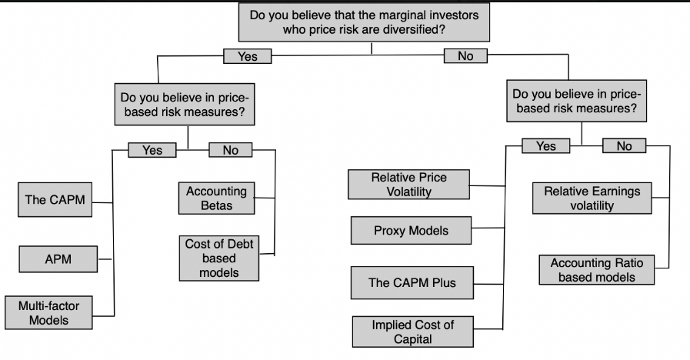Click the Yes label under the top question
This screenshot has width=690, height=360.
coord(248,56)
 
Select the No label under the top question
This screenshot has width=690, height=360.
coord(465,56)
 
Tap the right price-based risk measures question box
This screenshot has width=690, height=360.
coord(576,102)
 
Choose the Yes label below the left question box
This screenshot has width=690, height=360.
coord(152,150)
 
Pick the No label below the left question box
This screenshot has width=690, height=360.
coord(231,150)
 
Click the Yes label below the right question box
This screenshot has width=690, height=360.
coord(545,145)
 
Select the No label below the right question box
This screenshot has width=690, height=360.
coord(624,145)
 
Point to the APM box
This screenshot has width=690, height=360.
coord(58,259)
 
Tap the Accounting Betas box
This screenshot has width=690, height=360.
coord(216,198)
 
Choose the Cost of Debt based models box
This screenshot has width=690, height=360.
coord(218,258)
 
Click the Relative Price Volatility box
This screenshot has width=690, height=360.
coord(408,185)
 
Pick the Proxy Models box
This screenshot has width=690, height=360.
coord(411,230)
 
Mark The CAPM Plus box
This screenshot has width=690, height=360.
coord(412,282)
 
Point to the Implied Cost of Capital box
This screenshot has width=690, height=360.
coord(412,332)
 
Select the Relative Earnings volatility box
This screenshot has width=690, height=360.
coord(592,198)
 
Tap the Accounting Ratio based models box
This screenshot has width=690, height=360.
coord(596,270)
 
